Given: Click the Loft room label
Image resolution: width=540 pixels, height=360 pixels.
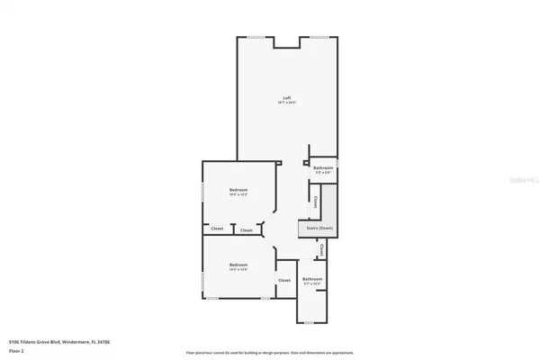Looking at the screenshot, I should [287, 97].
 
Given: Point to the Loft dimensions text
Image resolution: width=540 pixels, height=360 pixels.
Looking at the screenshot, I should [287, 103].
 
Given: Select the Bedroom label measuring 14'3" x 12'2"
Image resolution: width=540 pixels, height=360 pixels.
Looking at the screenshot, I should [238, 189].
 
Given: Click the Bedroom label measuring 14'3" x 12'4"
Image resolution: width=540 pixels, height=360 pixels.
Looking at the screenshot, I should [238, 264].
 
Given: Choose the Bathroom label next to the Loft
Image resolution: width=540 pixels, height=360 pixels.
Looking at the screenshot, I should [323, 168].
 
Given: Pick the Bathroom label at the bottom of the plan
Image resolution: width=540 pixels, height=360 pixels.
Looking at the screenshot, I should [312, 279].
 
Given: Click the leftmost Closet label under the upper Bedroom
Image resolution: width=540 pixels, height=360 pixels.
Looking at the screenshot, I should [217, 229].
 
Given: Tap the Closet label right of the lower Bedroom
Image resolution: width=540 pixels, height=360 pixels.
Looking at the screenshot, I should [284, 280].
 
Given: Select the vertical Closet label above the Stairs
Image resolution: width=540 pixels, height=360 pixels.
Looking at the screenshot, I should [314, 200].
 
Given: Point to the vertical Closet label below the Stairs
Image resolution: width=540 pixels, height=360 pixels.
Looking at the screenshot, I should [322, 251].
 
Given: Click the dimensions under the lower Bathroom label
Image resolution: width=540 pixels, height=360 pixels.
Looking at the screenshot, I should [312, 285].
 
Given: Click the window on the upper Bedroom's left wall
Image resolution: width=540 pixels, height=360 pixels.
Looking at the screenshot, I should [202, 192].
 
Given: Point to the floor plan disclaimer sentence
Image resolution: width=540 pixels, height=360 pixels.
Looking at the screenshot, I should [269, 352].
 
